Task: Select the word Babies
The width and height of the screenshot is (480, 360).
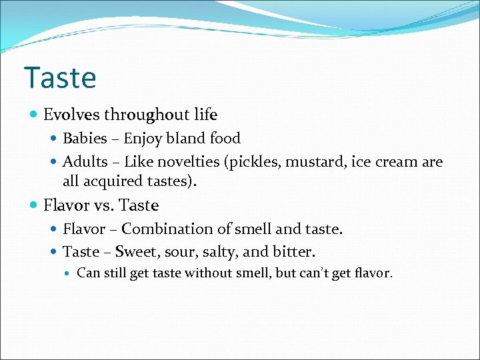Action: (85, 139)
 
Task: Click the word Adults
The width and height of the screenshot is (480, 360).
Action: (84, 162)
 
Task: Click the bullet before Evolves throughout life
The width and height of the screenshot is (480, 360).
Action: (35, 115)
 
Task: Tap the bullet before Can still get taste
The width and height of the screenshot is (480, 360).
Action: (68, 273)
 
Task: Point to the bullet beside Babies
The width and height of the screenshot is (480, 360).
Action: (54, 139)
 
